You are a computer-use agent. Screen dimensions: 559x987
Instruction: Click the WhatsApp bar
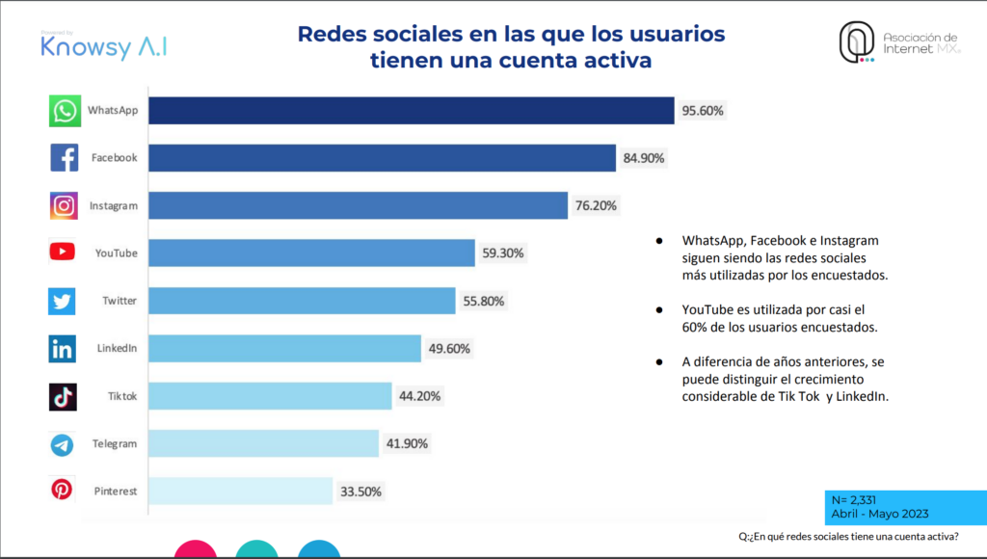click(411, 111)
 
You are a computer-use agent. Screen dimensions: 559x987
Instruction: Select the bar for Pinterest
click(240, 491)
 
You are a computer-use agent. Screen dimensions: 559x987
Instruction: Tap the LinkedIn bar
click(284, 348)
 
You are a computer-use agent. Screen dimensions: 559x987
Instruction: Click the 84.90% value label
click(644, 158)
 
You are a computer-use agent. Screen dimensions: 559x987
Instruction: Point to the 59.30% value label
click(503, 253)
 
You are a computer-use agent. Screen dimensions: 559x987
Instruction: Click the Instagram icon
click(64, 205)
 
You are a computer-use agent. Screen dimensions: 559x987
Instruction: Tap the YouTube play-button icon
click(63, 253)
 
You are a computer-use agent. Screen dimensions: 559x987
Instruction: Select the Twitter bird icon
click(63, 301)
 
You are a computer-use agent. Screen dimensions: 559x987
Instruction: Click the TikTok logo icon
click(63, 396)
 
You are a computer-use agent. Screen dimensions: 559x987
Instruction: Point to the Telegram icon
click(63, 444)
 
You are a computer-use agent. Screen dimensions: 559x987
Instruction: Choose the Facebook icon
click(64, 158)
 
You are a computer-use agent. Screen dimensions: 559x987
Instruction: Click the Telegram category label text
click(115, 444)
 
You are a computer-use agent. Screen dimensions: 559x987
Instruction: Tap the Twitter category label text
click(120, 301)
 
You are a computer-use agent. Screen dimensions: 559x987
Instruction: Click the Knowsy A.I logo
click(103, 46)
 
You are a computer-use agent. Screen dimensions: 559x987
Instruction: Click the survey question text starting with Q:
click(848, 537)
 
